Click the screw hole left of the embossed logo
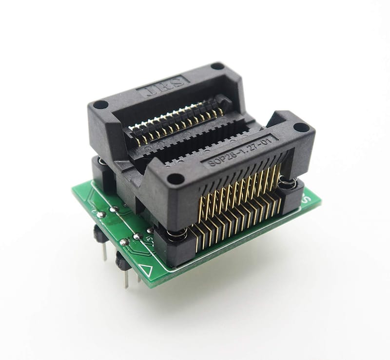100,104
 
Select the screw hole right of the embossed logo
217,66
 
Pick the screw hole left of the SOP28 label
175,179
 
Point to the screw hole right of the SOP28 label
301,128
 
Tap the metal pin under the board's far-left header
104,251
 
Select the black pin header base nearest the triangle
122,261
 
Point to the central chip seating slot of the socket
195,141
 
